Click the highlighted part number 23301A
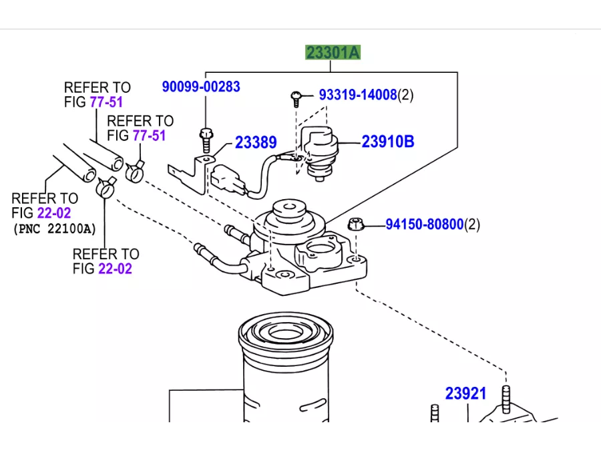(x=333, y=53)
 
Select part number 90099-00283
(x=201, y=87)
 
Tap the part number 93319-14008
(x=358, y=95)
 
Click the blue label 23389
(x=256, y=143)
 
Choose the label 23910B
(x=388, y=142)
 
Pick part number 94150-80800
(x=424, y=224)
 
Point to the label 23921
(x=465, y=394)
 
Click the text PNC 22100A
(x=55, y=229)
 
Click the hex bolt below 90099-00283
(x=206, y=140)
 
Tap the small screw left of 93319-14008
(x=296, y=98)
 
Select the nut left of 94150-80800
(x=356, y=224)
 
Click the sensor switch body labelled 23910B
(x=319, y=152)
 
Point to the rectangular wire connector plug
(x=227, y=180)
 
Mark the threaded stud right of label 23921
(x=506, y=400)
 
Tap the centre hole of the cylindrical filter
(x=285, y=333)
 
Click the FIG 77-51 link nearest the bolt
(x=136, y=136)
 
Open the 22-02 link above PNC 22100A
(x=54, y=213)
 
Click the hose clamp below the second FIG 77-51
(x=135, y=171)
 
